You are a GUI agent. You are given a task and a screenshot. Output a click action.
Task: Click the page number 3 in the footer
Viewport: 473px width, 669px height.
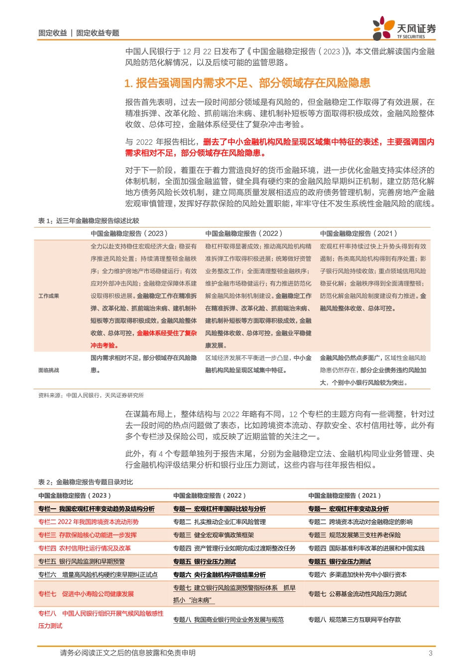coord(431,653)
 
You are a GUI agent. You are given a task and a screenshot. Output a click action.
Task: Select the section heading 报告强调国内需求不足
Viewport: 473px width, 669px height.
coord(247,83)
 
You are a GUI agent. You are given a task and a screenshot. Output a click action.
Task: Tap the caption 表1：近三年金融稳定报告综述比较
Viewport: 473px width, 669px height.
coord(89,221)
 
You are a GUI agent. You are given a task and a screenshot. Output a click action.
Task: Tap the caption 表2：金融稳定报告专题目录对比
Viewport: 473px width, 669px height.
coord(86,482)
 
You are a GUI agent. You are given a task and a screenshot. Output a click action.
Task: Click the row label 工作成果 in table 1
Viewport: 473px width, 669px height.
coord(49,296)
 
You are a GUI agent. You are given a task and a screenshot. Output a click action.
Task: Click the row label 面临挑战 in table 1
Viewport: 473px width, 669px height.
coord(49,370)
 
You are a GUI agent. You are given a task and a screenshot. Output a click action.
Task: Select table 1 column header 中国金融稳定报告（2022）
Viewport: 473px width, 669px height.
coord(244,233)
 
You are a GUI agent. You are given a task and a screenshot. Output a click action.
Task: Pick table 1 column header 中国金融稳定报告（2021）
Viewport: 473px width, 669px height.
coord(358,233)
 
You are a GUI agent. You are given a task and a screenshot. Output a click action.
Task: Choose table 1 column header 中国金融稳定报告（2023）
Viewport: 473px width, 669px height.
coord(129,233)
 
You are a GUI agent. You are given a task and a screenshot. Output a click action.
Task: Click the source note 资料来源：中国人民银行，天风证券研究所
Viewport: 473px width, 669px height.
coord(91,395)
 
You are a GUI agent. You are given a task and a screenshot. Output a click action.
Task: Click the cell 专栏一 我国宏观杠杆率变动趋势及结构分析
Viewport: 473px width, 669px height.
coord(97,509)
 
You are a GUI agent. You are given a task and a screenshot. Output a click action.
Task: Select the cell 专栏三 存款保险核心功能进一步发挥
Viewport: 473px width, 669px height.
coord(88,535)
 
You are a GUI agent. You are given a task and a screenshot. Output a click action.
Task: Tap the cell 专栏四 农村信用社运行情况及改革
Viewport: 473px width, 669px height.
coord(85,548)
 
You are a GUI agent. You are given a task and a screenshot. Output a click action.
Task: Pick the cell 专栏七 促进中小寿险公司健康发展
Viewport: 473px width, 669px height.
coord(86,594)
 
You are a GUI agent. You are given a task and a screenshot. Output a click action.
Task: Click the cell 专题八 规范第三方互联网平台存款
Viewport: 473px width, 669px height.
coord(355,620)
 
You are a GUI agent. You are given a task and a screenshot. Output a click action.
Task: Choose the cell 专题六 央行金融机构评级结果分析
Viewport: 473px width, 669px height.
coord(220,574)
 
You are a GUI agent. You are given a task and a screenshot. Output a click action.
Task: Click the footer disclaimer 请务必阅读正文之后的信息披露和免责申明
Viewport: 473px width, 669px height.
coord(128,653)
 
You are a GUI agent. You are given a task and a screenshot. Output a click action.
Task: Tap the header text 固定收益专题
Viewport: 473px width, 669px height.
coord(98,33)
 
